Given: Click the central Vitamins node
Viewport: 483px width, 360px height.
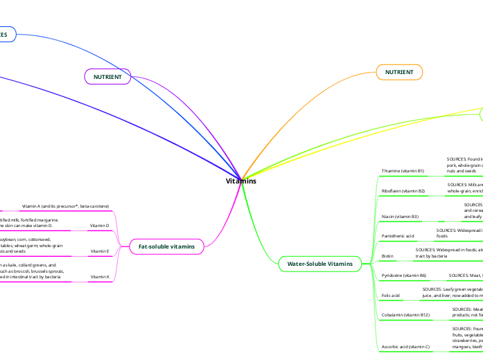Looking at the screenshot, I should click(241, 181).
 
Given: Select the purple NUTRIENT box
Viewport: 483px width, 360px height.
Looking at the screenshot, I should click(107, 77).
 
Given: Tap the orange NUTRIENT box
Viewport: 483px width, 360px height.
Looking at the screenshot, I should click(399, 71).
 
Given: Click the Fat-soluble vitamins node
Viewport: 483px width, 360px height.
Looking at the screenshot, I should click(166, 246).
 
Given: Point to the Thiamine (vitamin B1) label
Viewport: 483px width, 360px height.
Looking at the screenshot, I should click(403, 170).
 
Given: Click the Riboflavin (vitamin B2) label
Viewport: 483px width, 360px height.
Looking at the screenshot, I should click(404, 190).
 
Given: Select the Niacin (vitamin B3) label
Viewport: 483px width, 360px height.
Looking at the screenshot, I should click(400, 217).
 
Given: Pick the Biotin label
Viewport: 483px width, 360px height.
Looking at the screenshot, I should click(388, 256).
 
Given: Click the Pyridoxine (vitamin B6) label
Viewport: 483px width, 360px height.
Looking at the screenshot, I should click(404, 276).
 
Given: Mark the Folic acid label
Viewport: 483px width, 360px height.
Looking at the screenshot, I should click(391, 295).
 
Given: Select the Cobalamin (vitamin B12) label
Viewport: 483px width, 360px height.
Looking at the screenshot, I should click(406, 315).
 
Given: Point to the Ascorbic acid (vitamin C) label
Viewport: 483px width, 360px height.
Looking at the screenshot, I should click(405, 346).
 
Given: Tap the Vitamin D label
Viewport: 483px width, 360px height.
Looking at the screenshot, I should click(100, 226).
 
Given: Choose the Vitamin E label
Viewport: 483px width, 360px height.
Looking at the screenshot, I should click(100, 251).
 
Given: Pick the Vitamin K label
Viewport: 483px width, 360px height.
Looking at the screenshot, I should click(100, 277).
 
